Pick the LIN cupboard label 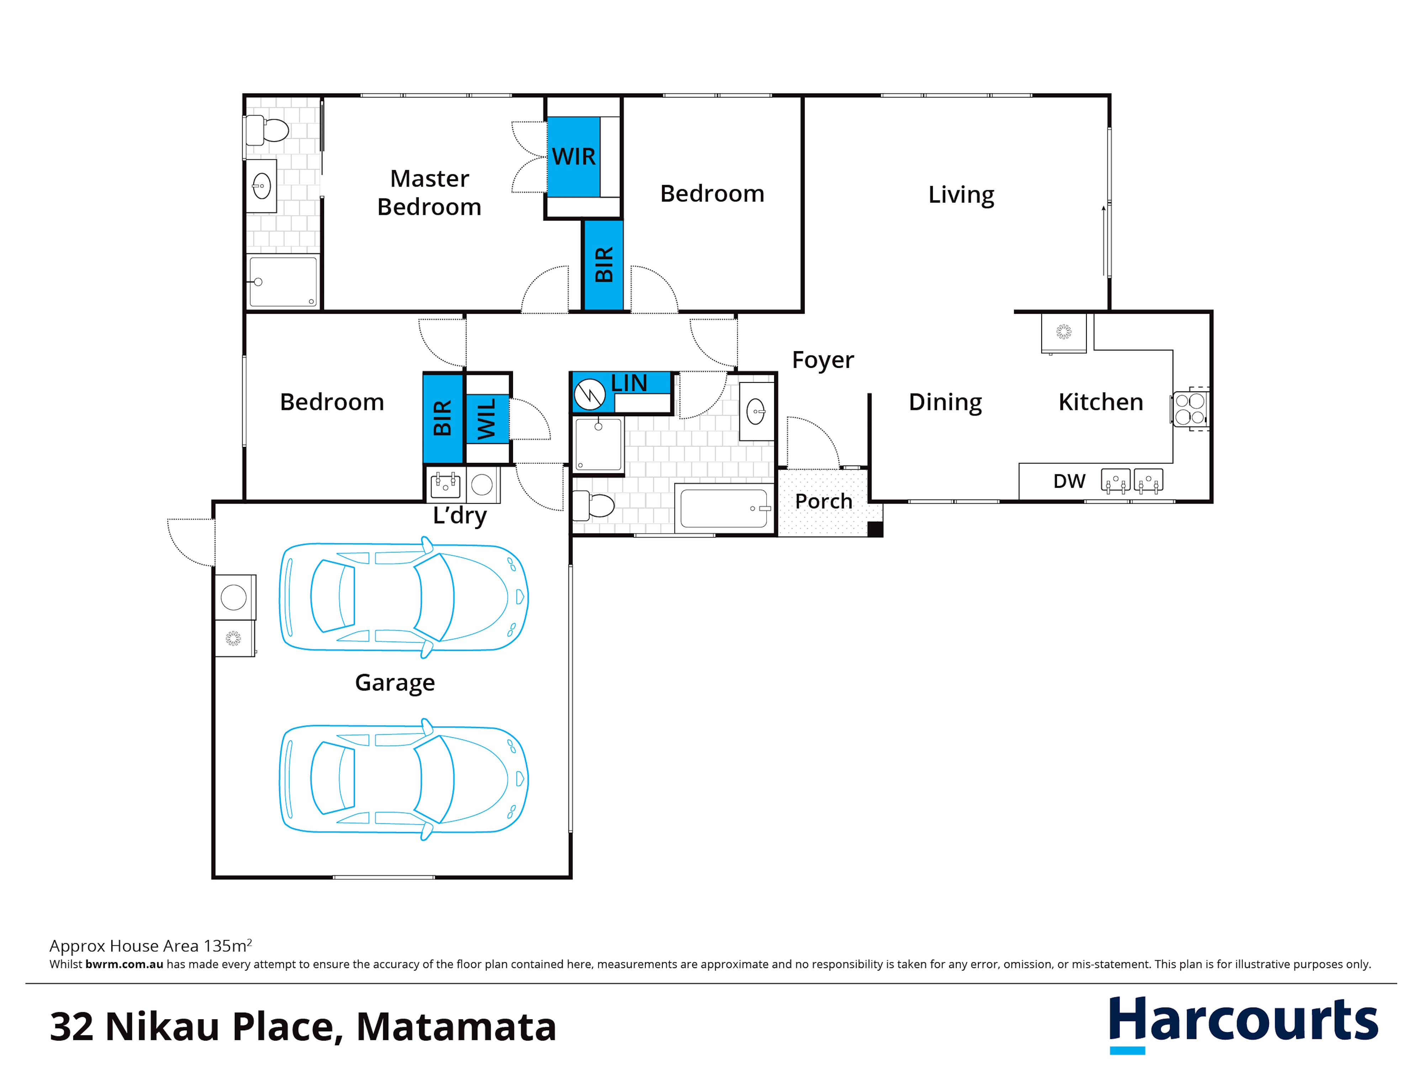(x=629, y=383)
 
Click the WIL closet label (x=486, y=418)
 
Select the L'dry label (x=460, y=516)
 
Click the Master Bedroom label (x=429, y=192)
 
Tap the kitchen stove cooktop (x=1190, y=409)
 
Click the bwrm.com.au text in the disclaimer (x=124, y=964)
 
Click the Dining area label (x=945, y=402)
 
